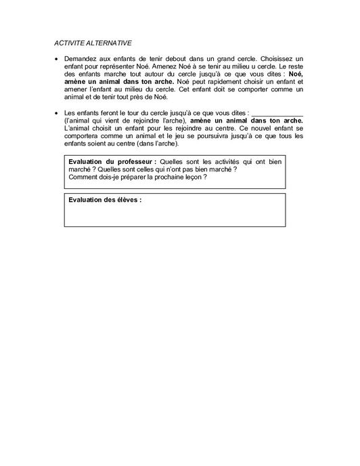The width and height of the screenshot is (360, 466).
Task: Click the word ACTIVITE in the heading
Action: pyautogui.click(x=69, y=43)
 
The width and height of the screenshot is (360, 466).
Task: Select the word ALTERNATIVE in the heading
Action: pyautogui.click(x=108, y=43)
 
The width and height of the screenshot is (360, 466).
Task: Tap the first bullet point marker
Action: pyautogui.click(x=57, y=60)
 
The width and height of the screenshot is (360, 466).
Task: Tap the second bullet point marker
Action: pyautogui.click(x=57, y=112)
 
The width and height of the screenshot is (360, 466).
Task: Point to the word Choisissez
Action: pyautogui.click(x=269, y=60)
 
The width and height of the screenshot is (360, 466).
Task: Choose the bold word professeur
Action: pyautogui.click(x=131, y=163)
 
